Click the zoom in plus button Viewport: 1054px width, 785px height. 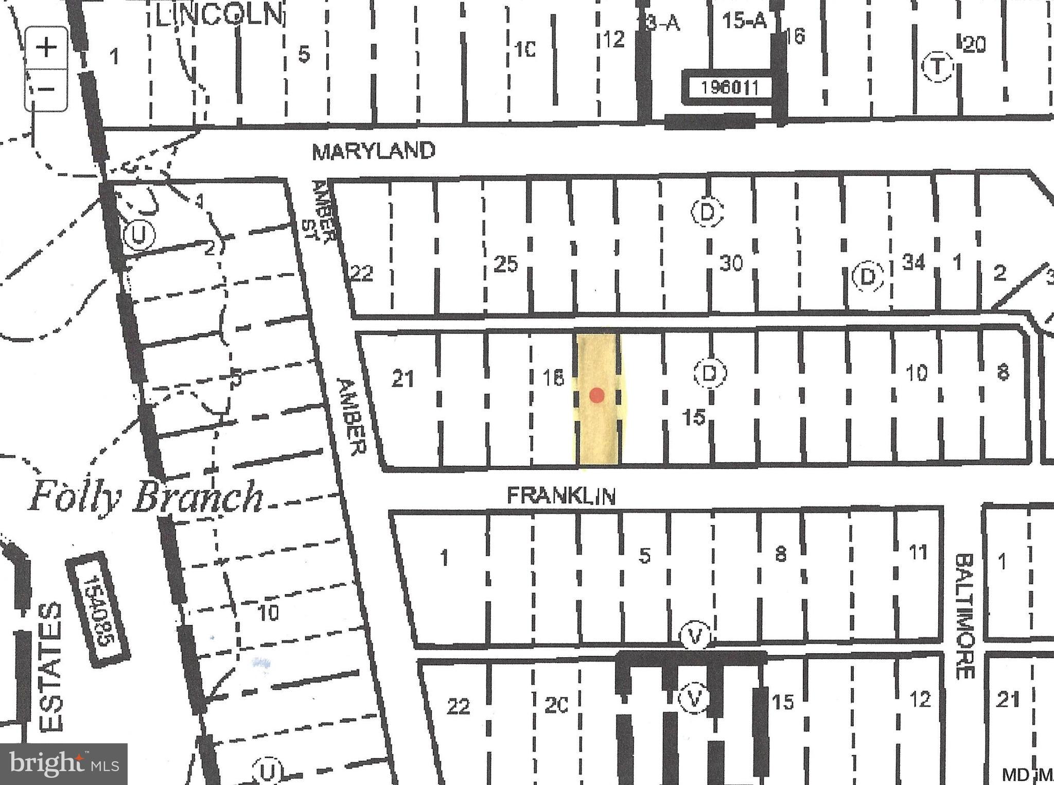pos(47,48)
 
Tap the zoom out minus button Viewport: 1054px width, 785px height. pos(47,89)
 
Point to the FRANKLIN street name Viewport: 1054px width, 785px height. pos(561,496)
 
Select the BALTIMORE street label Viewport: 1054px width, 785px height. pos(965,616)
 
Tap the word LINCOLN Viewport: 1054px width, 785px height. pos(219,15)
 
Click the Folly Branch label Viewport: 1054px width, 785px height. pos(146,497)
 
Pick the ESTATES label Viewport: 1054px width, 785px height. pos(51,667)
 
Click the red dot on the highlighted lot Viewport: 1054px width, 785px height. pos(596,395)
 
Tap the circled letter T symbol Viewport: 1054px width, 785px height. pos(937,67)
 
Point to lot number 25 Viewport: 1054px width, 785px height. pos(505,265)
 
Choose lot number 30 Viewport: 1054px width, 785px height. pos(731,264)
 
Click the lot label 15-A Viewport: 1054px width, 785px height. pos(744,22)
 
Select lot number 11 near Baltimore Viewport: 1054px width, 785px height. pos(918,552)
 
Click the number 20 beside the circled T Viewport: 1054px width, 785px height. pos(974,45)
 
